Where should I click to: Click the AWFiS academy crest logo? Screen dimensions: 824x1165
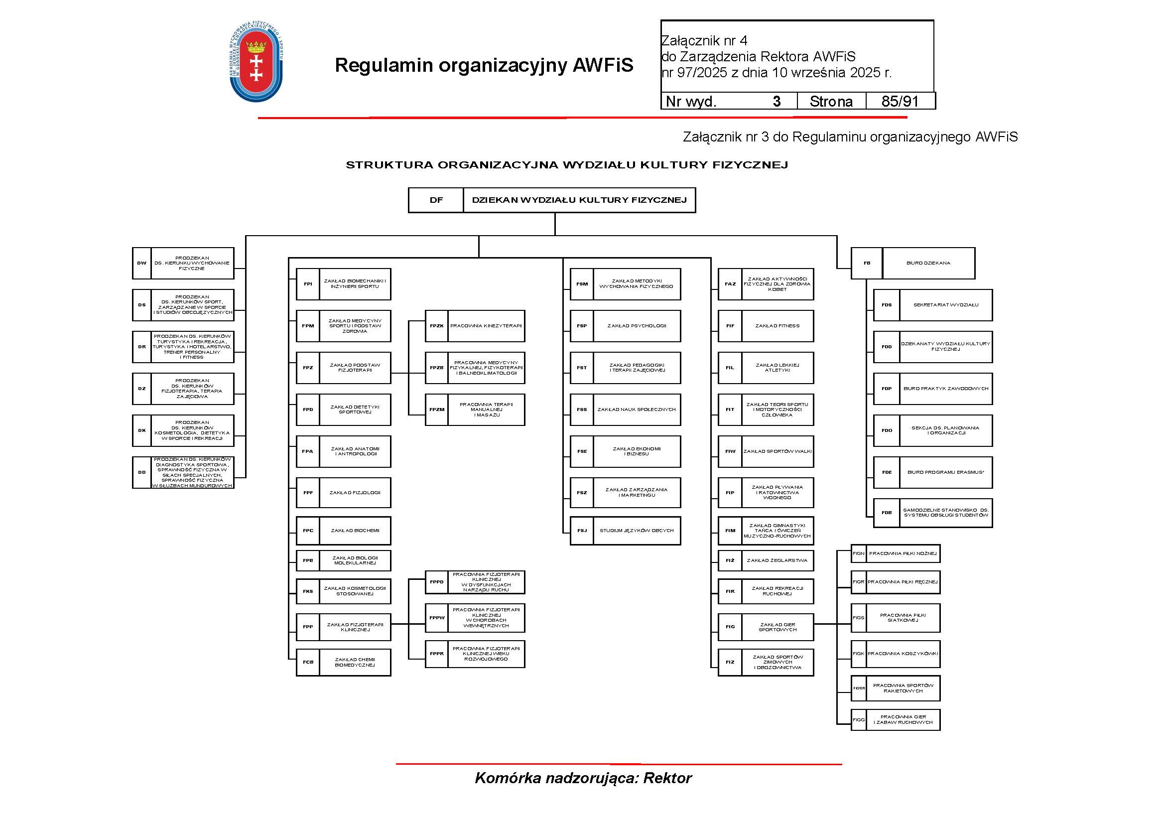256,61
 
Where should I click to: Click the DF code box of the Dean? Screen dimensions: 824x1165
436,200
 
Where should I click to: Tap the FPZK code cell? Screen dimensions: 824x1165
436,326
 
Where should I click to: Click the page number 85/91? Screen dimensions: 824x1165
900,102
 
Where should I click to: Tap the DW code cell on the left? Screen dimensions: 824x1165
141,264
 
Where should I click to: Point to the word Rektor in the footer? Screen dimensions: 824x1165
667,778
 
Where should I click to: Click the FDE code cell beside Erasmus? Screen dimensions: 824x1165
887,472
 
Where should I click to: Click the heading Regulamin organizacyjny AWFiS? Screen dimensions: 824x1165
484,65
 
